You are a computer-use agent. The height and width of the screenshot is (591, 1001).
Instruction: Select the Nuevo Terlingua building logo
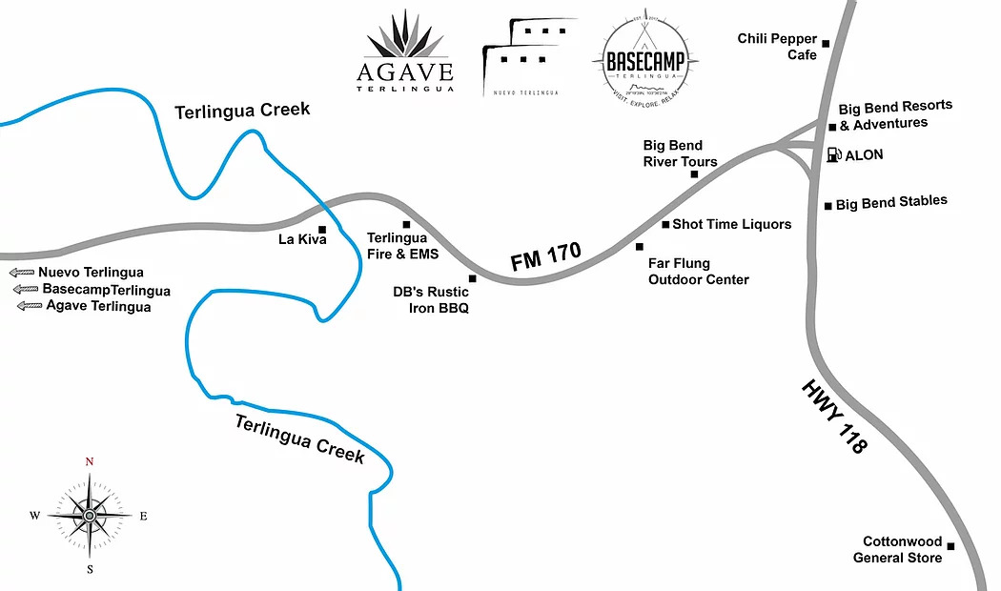click(x=521, y=57)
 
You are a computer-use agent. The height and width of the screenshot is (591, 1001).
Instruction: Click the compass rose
click(x=90, y=516)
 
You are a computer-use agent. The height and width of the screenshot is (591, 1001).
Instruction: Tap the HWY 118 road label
click(x=834, y=417)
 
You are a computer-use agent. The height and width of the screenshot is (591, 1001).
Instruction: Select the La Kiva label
click(x=302, y=238)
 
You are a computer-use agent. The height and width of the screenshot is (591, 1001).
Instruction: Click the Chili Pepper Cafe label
click(x=777, y=47)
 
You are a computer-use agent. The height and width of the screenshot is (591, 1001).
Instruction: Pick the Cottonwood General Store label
click(x=897, y=549)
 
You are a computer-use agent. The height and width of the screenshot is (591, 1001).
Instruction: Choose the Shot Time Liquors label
click(x=731, y=224)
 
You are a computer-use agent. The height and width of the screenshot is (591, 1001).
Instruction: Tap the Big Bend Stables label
click(x=891, y=202)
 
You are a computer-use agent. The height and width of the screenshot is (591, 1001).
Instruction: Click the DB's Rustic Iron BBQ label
click(x=431, y=299)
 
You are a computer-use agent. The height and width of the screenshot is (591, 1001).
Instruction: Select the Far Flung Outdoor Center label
click(x=698, y=272)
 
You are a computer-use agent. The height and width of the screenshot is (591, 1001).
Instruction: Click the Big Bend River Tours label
click(x=680, y=153)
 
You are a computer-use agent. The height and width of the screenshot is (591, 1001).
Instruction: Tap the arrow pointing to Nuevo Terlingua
click(x=23, y=273)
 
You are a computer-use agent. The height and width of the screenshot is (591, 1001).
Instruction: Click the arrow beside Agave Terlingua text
click(x=31, y=306)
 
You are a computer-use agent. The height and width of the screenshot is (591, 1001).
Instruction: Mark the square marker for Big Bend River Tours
click(x=694, y=174)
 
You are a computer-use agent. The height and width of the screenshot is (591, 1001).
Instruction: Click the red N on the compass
click(x=90, y=461)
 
